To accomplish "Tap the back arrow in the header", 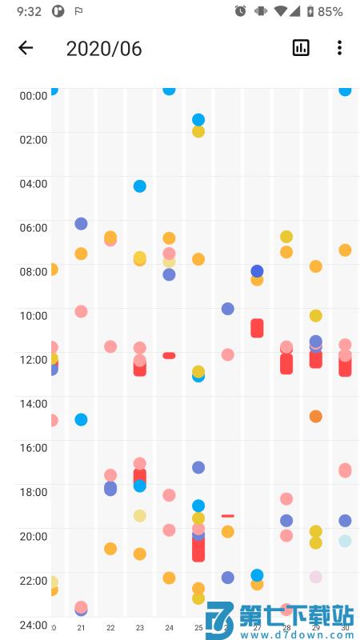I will pyautogui.click(x=26, y=48).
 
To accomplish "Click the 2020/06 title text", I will pyautogui.click(x=104, y=48).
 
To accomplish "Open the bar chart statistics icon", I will pyautogui.click(x=301, y=48).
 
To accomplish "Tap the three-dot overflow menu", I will pyautogui.click(x=340, y=48).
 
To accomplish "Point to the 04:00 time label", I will pyautogui.click(x=34, y=183).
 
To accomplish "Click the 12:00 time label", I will pyautogui.click(x=34, y=359).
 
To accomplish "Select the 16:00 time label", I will pyautogui.click(x=34, y=447).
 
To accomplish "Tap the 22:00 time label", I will pyautogui.click(x=34, y=580).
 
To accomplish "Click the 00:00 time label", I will pyautogui.click(x=34, y=95).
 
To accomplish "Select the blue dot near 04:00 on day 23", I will pyautogui.click(x=140, y=186).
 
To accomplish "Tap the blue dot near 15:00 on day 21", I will pyautogui.click(x=81, y=419).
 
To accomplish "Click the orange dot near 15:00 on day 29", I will pyautogui.click(x=316, y=416).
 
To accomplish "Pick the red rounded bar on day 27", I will pyautogui.click(x=257, y=328).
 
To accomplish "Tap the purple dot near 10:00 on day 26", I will pyautogui.click(x=228, y=309).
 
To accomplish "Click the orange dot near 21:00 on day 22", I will pyautogui.click(x=110, y=549).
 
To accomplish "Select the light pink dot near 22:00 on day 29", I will pyautogui.click(x=316, y=577).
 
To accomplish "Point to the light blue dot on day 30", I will pyautogui.click(x=345, y=541).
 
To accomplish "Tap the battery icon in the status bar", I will pyautogui.click(x=310, y=12).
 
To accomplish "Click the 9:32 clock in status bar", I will pyautogui.click(x=29, y=12).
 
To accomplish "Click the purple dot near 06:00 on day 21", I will pyautogui.click(x=81, y=224).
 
